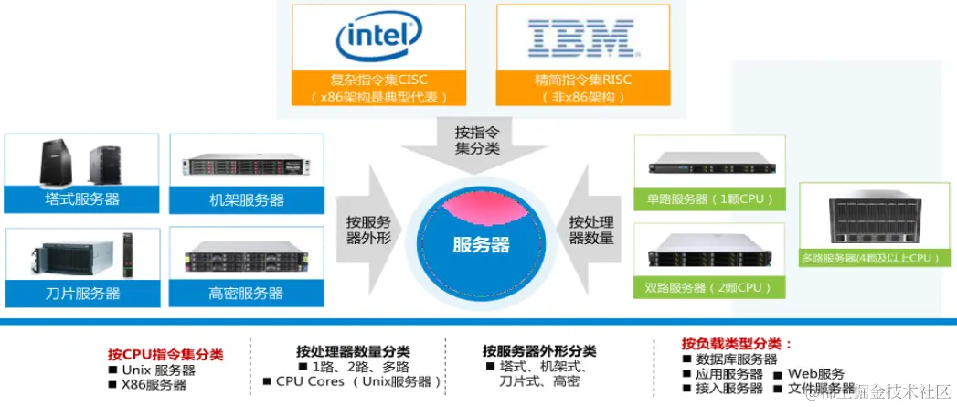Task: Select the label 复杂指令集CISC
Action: coord(378,80)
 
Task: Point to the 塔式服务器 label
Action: coord(82,198)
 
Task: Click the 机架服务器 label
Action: coord(240,199)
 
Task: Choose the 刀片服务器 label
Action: coord(82,294)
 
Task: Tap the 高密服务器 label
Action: coord(240,294)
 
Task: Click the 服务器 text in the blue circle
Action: coord(481,245)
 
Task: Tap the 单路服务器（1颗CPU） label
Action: coord(710,198)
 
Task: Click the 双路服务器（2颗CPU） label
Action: coord(710,287)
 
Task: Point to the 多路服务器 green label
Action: coord(870,259)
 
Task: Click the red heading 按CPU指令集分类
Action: coord(165,354)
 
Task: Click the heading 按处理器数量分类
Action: coord(353,351)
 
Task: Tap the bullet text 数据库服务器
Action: coord(737,359)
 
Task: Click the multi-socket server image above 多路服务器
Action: coord(870,220)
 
